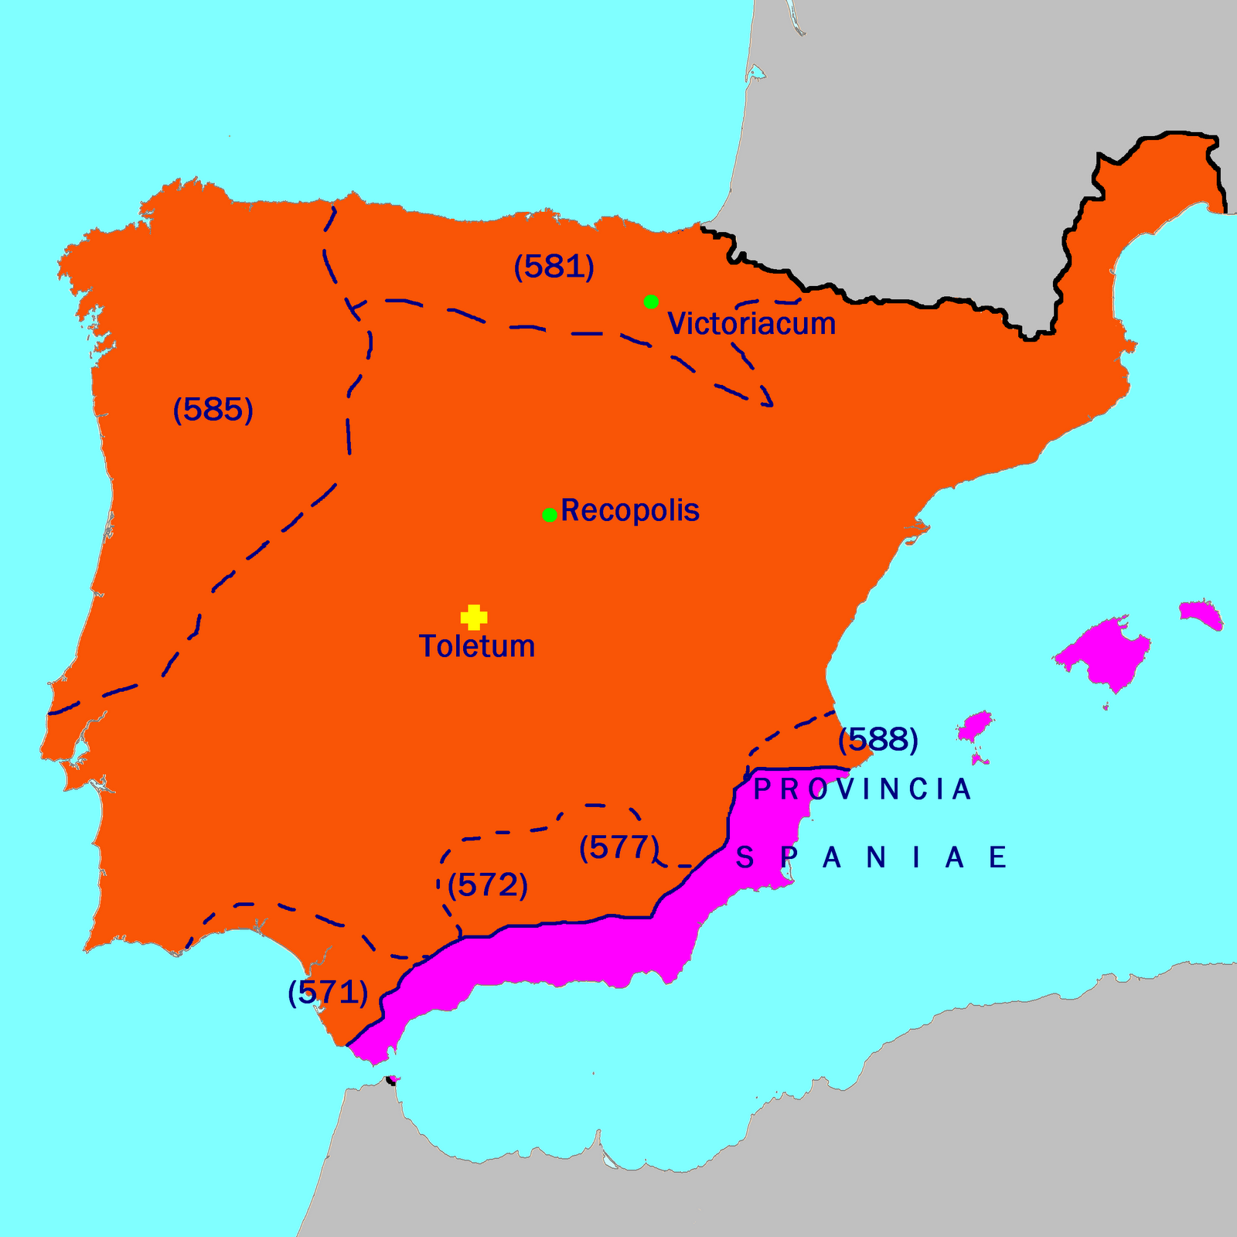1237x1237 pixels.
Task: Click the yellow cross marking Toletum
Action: [473, 617]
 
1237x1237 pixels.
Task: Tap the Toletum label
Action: [477, 646]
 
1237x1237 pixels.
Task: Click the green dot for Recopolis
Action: [550, 515]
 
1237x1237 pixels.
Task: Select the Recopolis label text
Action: [630, 510]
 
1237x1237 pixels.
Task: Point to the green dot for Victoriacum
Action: [651, 302]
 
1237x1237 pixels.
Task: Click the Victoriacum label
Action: [751, 323]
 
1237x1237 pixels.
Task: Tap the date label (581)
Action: [554, 267]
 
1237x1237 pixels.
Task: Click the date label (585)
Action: [213, 409]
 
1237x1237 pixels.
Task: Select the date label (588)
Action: [878, 740]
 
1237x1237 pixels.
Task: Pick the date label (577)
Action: [618, 847]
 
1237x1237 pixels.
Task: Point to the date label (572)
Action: [488, 884]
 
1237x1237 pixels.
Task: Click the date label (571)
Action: [327, 992]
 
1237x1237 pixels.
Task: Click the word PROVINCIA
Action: [862, 789]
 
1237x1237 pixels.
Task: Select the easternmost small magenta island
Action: [1201, 614]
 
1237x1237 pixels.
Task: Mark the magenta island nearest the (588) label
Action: [975, 728]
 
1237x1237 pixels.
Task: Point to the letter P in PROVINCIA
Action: [762, 789]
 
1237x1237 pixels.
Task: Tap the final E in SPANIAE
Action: [998, 857]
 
